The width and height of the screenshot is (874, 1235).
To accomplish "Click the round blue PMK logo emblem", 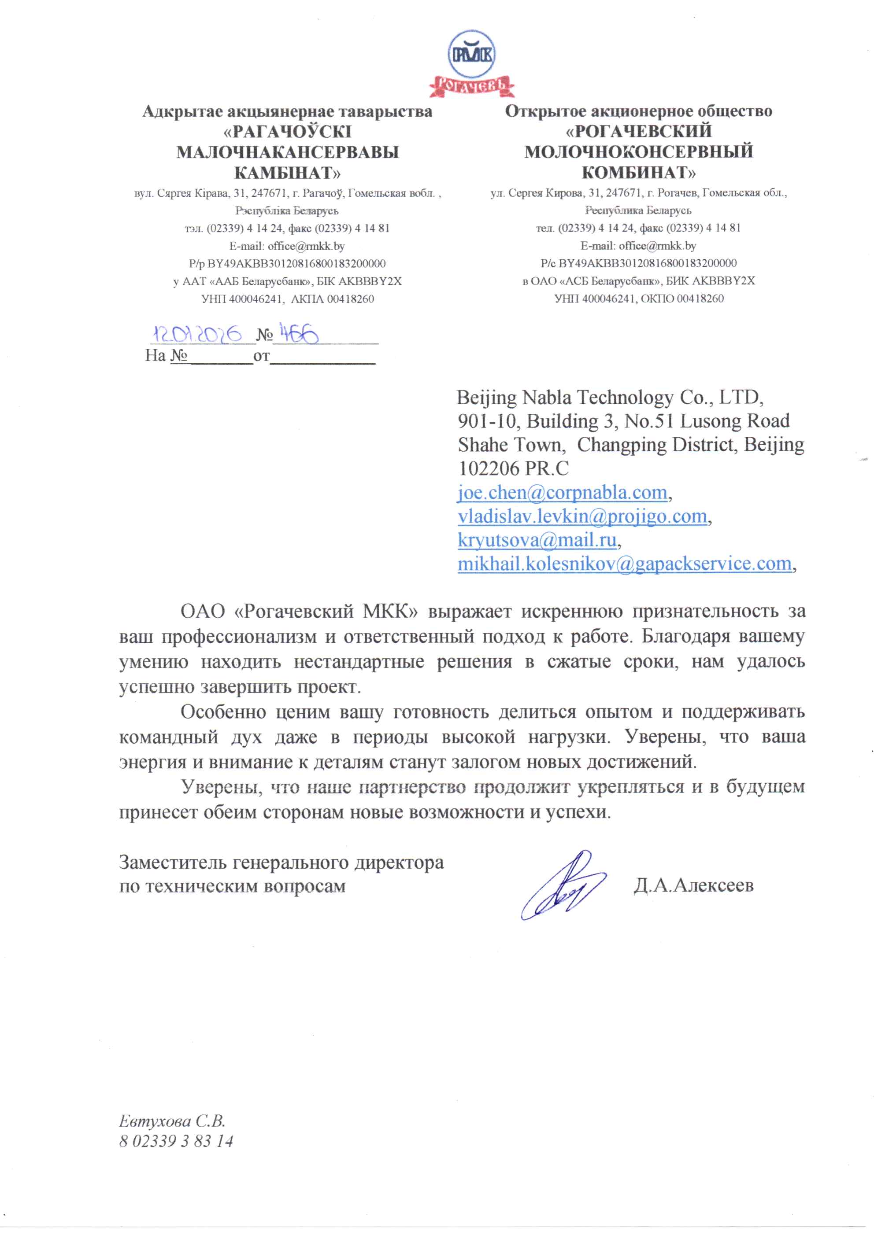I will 471,54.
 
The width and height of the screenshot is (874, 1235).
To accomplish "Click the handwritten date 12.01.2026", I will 197,334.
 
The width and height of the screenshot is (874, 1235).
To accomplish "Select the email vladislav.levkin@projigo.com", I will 582,516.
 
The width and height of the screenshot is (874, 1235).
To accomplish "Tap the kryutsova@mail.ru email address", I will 537,539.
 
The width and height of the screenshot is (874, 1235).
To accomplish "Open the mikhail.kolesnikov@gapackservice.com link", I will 624,563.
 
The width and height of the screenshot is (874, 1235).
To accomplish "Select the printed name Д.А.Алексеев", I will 693,885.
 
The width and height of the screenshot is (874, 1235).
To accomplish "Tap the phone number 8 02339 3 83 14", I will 176,1141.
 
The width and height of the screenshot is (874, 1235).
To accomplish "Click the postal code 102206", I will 488,468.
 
